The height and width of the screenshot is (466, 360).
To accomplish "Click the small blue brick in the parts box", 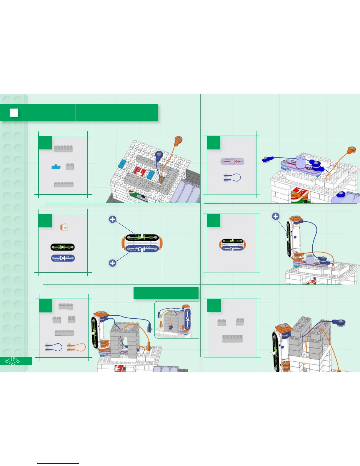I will tap(56, 167).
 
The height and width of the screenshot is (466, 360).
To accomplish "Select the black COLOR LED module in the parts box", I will tap(62, 247).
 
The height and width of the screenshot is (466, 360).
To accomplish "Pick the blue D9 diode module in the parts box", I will tap(63, 258).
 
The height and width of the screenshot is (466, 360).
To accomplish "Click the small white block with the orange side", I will tap(64, 227).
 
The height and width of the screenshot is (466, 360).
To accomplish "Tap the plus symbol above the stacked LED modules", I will tap(112, 219).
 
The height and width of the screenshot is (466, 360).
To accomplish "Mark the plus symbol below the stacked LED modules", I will tap(112, 263).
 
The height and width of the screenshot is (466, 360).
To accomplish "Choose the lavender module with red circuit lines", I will tap(232, 162).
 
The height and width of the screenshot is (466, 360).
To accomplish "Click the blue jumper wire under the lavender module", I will tap(232, 177).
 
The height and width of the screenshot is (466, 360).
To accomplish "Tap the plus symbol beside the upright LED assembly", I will tap(276, 217).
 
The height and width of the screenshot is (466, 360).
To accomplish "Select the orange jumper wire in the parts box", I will tap(76, 347).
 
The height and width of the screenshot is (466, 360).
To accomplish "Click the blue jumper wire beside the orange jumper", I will tap(53, 347).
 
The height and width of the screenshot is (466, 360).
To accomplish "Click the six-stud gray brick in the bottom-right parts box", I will tap(232, 339).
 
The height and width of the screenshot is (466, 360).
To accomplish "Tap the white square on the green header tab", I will tap(14, 113).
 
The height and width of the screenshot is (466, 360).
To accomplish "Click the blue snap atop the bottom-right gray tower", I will tap(341, 323).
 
